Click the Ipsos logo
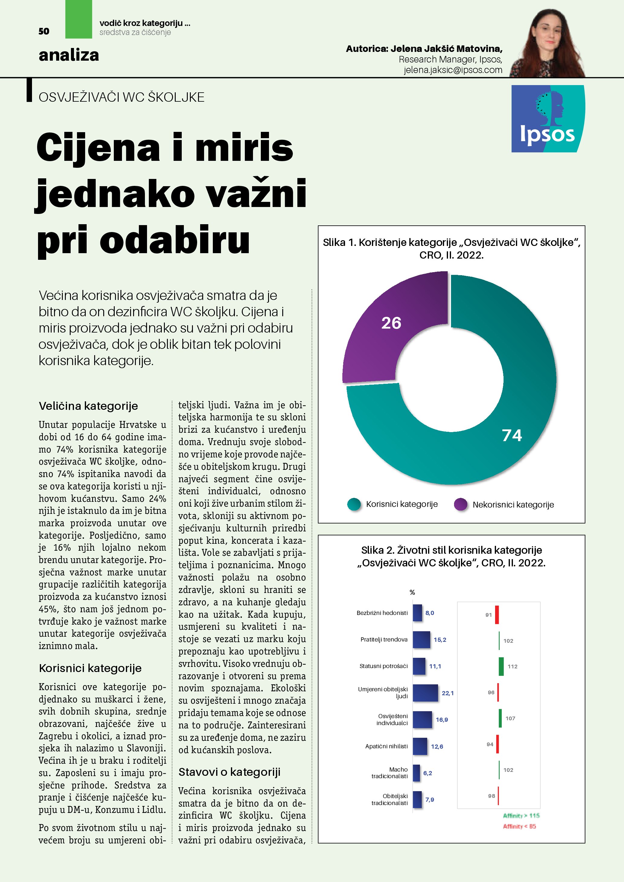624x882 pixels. tap(548, 119)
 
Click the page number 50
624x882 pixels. tap(44, 31)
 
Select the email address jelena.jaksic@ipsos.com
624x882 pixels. tap(453, 70)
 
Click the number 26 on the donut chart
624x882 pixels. tap(391, 323)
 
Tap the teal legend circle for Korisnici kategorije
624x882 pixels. tap(354, 504)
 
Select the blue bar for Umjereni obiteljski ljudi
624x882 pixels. tap(425, 693)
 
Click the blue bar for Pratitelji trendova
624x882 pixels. tap(421, 640)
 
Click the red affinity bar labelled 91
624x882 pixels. tap(497, 615)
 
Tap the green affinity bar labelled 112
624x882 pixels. tap(501, 667)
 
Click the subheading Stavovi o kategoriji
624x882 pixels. tap(229, 772)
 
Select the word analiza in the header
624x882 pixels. tap(69, 55)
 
